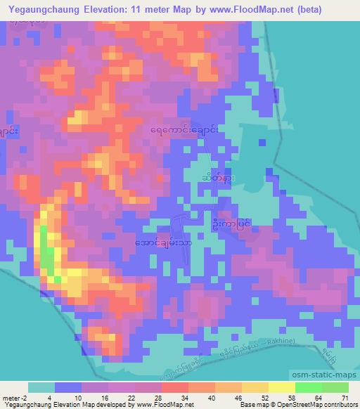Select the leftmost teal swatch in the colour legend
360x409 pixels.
(41, 387)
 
